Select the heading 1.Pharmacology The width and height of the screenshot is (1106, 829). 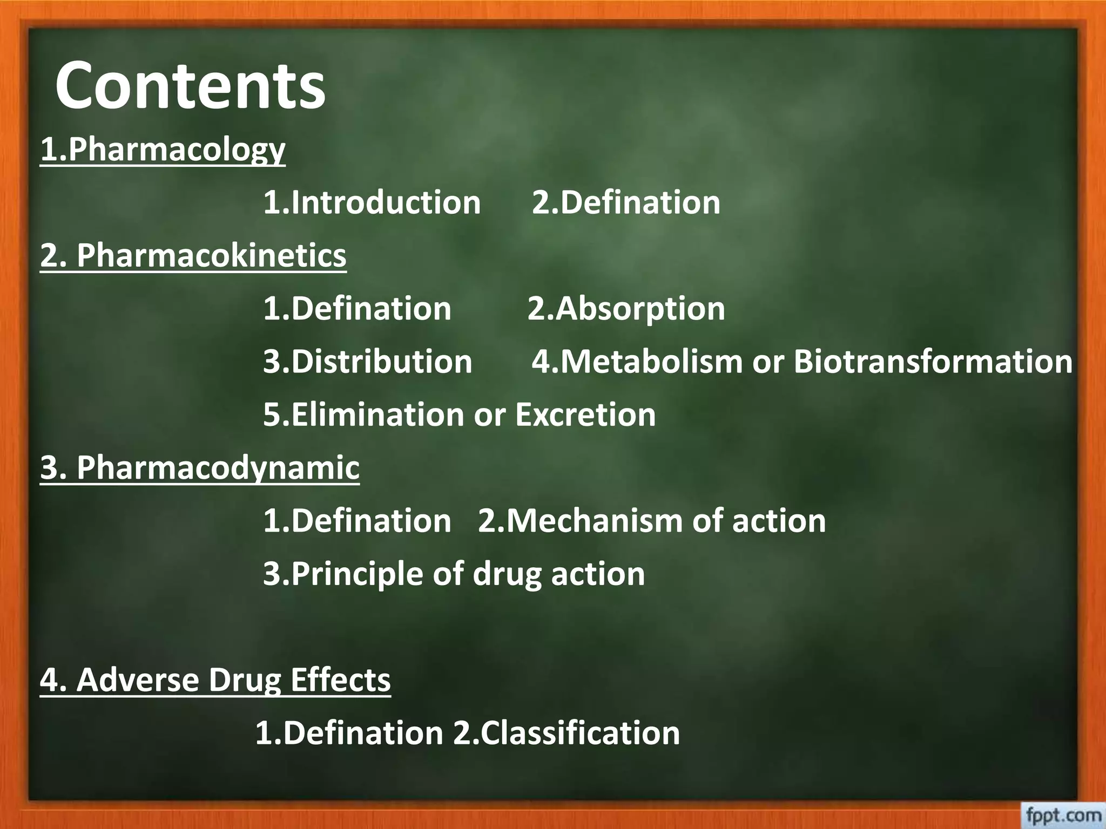click(x=163, y=150)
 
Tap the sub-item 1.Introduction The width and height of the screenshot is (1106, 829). click(x=372, y=202)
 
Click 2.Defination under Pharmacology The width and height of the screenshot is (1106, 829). click(x=626, y=202)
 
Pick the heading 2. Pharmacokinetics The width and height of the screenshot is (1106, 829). click(x=193, y=255)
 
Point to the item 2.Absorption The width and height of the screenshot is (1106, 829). click(x=626, y=309)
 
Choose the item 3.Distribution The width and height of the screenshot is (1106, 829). click(x=367, y=362)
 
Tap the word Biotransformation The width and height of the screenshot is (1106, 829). click(x=933, y=362)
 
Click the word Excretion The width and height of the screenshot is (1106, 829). click(x=585, y=414)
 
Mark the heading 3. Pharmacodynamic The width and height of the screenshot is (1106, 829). click(x=200, y=467)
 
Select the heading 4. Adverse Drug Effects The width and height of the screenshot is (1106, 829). click(x=215, y=680)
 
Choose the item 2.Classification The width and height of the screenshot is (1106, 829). click(x=566, y=733)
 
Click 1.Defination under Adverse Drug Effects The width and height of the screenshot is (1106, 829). click(x=349, y=733)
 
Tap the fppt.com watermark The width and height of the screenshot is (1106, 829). click(x=1063, y=815)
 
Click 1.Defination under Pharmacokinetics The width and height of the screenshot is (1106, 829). click(x=357, y=309)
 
